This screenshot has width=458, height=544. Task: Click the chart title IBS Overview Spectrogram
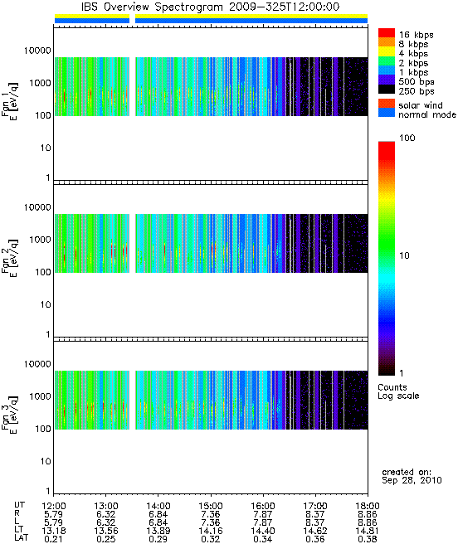pos(152,7)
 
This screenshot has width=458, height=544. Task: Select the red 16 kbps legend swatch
pos(387,32)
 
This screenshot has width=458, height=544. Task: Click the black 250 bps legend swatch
pos(387,90)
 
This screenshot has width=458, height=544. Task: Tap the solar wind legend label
pos(421,105)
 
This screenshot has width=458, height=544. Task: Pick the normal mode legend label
pos(427,114)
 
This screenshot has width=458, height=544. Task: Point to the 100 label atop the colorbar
pos(407,138)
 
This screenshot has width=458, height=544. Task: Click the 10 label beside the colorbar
pos(405,255)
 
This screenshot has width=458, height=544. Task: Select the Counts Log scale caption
pos(398,391)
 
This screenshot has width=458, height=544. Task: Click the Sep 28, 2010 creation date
pos(412,480)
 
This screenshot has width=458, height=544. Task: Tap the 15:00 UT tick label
pos(211,506)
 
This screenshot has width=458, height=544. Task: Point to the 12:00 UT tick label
pos(54,506)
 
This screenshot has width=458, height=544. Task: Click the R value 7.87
pos(263,514)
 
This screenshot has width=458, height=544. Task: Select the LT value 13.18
pos(54,531)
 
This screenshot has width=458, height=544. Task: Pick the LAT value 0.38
pos(368,539)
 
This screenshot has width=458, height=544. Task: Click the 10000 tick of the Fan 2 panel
pos(37,207)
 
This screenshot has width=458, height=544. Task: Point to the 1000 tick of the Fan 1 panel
pos(40,83)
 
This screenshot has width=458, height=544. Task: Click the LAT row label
pos(21,539)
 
